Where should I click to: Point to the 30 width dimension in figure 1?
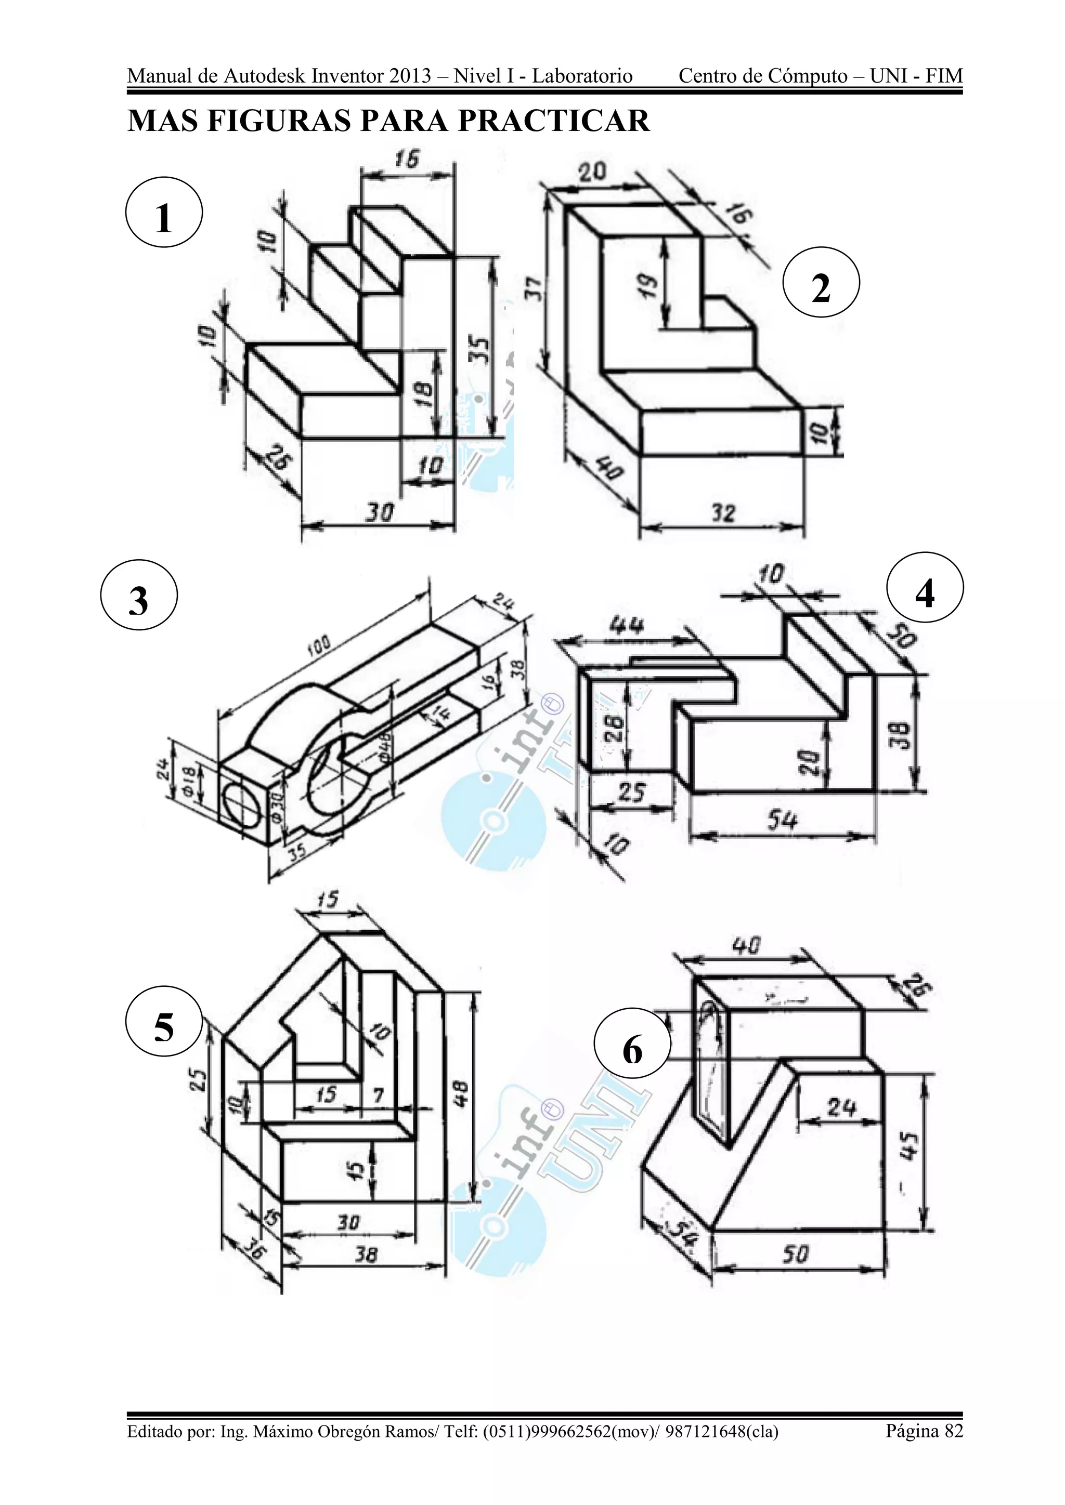tap(379, 512)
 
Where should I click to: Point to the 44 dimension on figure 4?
tap(626, 625)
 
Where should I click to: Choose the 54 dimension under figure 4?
tap(782, 820)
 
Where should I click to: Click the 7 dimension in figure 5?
tap(379, 1093)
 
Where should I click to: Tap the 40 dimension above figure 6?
tap(746, 946)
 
